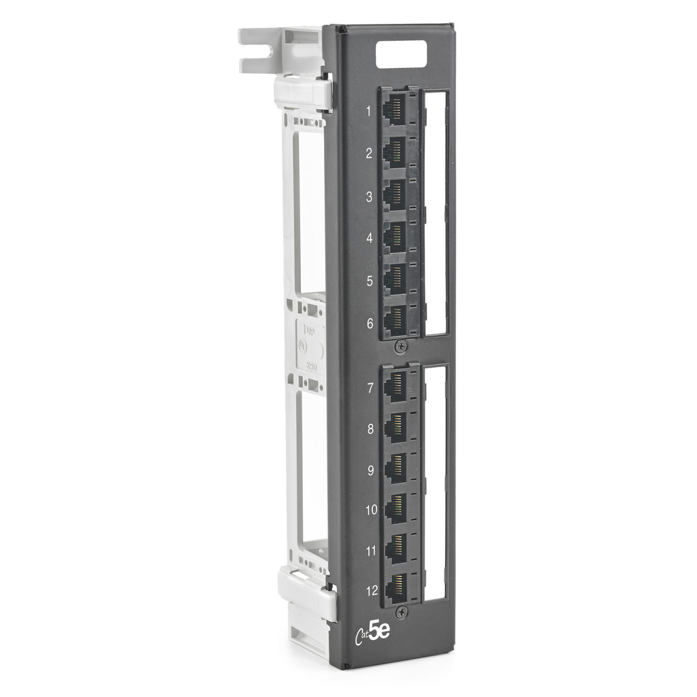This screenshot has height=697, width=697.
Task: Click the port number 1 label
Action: [x=369, y=111]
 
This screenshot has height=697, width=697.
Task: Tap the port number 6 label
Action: [x=370, y=324]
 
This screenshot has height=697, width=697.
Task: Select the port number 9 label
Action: [x=370, y=470]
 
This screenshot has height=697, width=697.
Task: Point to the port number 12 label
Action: [x=372, y=590]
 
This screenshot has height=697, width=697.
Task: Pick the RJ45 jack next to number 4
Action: [x=395, y=236]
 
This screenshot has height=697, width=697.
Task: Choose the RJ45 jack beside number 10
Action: [x=395, y=507]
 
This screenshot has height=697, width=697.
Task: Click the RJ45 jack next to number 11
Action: [x=395, y=547]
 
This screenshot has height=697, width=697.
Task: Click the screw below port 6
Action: [x=400, y=346]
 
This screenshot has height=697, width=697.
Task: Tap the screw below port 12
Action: [x=401, y=613]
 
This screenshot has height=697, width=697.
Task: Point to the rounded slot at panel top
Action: [x=402, y=54]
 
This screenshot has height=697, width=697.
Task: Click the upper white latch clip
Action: [x=302, y=93]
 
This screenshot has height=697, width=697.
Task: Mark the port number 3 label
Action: [x=369, y=197]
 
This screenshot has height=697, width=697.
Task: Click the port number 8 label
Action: [x=370, y=429]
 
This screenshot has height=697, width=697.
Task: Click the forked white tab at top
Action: [x=262, y=49]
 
